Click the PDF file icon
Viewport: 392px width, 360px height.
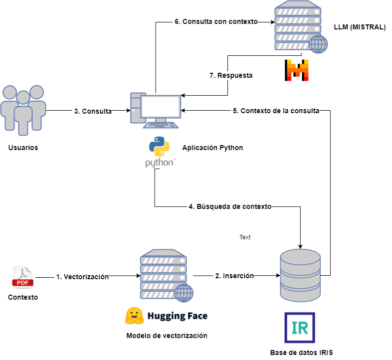coord(23,277)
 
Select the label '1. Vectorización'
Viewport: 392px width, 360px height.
coord(82,277)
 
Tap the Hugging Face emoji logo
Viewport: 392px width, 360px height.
coord(134,315)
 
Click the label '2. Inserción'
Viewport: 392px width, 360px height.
coord(234,275)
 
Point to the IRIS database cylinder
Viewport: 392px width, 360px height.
coord(300,276)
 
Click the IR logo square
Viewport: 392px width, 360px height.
coord(300,328)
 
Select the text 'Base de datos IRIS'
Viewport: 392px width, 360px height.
coord(301,353)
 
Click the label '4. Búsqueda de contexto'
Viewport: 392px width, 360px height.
coord(230,206)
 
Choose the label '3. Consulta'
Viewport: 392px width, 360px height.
coord(93,111)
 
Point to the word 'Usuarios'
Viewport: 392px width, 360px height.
coord(23,148)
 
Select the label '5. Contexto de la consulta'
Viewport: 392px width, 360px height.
coord(276,111)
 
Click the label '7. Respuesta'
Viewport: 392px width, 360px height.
coord(231,76)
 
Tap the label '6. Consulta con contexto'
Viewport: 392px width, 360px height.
coord(215,22)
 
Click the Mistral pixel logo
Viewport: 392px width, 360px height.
coord(297,70)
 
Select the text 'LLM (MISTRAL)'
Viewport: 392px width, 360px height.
coord(360,27)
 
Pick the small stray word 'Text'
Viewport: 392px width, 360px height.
coord(245,237)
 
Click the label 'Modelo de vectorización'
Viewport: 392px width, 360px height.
coord(167,336)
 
